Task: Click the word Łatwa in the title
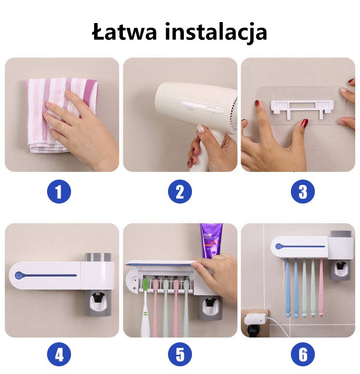(124, 32)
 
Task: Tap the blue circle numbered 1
(59, 192)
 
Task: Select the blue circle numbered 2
(180, 192)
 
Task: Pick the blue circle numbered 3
(303, 192)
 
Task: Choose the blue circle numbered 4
(59, 354)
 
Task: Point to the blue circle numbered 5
(180, 354)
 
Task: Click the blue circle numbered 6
(303, 354)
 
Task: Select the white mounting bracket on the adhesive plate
(302, 109)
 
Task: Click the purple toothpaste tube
(211, 239)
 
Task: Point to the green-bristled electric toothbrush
(144, 308)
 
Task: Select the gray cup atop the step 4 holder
(98, 257)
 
